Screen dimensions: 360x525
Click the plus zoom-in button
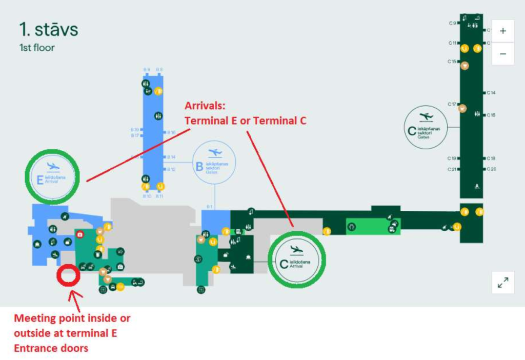(x=502, y=31)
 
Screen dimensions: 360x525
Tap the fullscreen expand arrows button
(x=502, y=283)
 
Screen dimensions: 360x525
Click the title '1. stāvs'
(x=49, y=29)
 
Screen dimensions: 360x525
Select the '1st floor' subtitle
(x=37, y=48)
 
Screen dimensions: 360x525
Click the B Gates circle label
(x=214, y=163)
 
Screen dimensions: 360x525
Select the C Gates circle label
(x=426, y=127)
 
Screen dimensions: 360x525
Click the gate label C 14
(x=491, y=93)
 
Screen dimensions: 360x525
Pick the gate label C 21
(x=452, y=169)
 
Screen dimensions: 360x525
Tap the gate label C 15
(x=452, y=62)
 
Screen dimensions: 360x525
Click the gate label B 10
(x=147, y=196)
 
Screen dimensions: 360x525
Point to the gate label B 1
(x=209, y=207)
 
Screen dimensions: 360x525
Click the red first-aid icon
(x=80, y=234)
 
